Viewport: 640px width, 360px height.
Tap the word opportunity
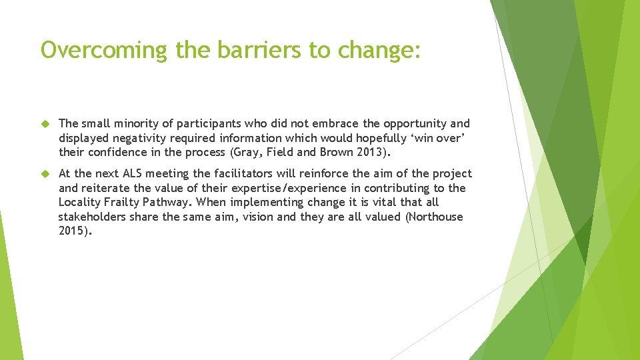tap(412, 123)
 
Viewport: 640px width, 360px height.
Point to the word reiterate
tap(107, 188)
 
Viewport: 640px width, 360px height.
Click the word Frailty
tap(124, 203)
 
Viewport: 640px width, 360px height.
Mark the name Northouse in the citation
tap(434, 217)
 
